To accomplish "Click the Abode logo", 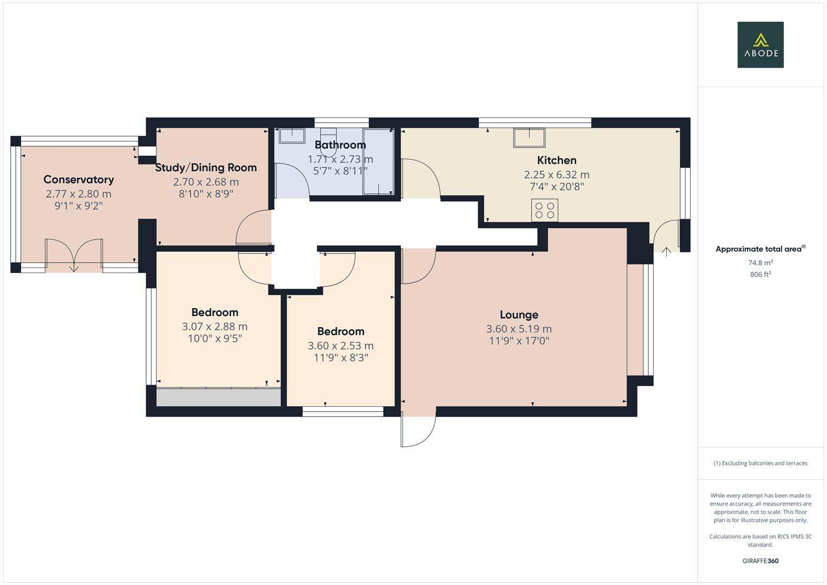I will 760,44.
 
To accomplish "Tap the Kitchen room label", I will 556,160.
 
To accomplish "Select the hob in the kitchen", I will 545,210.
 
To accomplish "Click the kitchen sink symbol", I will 529,138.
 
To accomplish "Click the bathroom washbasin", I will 291,135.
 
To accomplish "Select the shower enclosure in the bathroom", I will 378,161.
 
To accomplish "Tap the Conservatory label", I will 79,180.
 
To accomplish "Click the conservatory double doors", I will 74,255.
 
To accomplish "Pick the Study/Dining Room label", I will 206,168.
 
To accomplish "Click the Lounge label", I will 518,315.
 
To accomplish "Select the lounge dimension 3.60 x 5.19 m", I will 518,329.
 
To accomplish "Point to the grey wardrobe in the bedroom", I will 218,397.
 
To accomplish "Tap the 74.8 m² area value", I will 760,263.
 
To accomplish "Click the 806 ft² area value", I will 760,275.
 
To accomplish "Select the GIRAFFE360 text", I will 760,561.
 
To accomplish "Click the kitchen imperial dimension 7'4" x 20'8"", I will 556,187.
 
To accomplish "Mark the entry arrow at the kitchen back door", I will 666,251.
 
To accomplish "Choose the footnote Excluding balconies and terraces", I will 760,463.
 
